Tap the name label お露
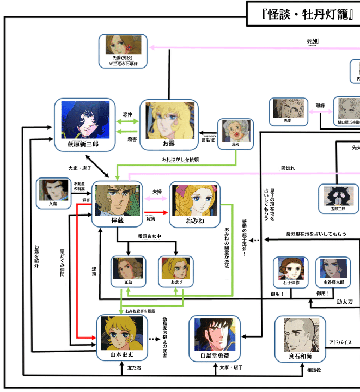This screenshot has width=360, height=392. point(169,144)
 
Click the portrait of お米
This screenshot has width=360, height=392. point(235,131)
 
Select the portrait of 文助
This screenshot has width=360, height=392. point(128,267)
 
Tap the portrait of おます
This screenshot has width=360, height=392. point(176,267)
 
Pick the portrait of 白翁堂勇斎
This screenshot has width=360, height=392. point(214,334)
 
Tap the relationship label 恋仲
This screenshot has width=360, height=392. point(129,114)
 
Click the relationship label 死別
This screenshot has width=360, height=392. point(312,41)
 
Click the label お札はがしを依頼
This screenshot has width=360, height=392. point(180,160)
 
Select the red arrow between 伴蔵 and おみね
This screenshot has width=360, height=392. point(156,213)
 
